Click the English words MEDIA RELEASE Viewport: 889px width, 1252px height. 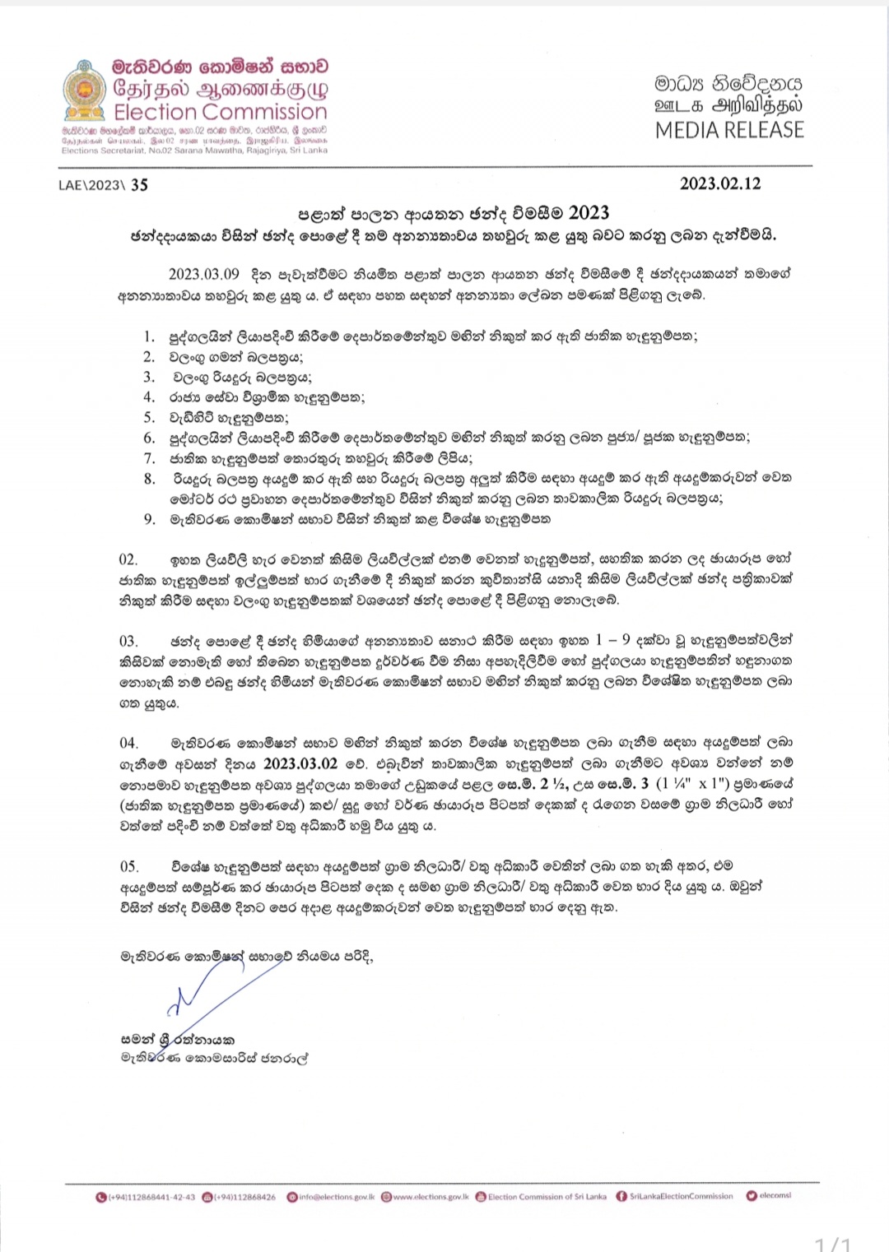(x=729, y=130)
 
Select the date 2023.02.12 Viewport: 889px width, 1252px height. (x=720, y=183)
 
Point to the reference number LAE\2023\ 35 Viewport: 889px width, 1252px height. (x=103, y=185)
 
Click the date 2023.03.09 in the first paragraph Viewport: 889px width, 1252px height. (x=204, y=274)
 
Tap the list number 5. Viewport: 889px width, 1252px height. (x=149, y=417)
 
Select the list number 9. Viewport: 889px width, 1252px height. (x=149, y=519)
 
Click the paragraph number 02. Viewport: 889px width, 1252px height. (x=128, y=559)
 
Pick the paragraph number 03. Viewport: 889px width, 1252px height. (x=128, y=641)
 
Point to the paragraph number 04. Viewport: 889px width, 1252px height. (x=128, y=743)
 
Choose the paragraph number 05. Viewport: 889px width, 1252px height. (x=128, y=866)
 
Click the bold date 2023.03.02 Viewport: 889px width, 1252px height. (x=300, y=763)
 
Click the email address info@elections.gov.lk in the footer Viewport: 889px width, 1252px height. (x=337, y=1197)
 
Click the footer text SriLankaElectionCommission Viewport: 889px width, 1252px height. (x=681, y=1196)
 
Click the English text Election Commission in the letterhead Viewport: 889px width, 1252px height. (x=220, y=112)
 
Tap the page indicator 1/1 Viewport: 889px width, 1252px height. (x=832, y=1243)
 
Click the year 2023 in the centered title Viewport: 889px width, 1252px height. (x=589, y=213)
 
